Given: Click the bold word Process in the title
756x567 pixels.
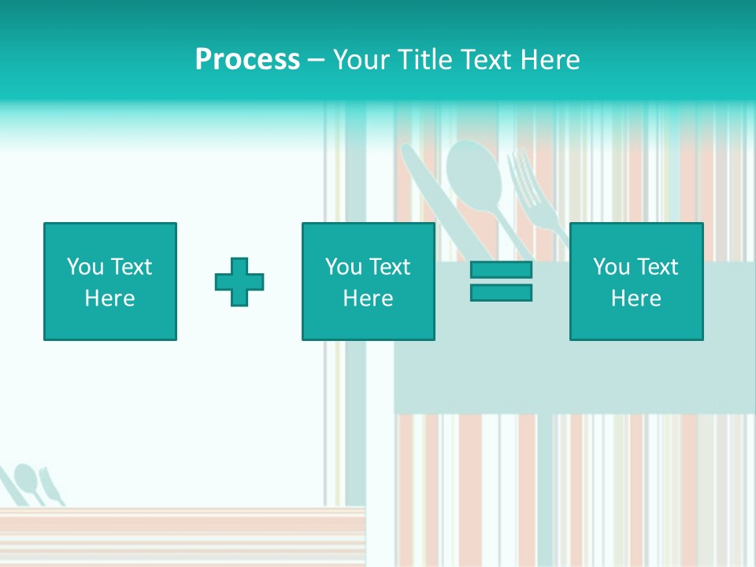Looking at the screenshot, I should point(247,60).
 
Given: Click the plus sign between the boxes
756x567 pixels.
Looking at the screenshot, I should point(239,282).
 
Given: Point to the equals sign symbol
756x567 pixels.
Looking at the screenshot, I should point(501,281).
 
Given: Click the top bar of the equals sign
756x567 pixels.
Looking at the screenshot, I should point(501,270).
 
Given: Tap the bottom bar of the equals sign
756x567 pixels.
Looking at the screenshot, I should point(501,292).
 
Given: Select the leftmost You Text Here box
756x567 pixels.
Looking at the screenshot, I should point(110,281).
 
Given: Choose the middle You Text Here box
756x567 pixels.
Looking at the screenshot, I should point(368,281).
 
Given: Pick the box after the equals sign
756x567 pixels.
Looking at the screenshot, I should point(636,281).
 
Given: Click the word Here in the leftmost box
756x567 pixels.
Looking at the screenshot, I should point(110,298).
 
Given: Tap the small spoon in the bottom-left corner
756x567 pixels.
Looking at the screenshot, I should point(28,479).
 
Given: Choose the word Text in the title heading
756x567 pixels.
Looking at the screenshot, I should point(482,60).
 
